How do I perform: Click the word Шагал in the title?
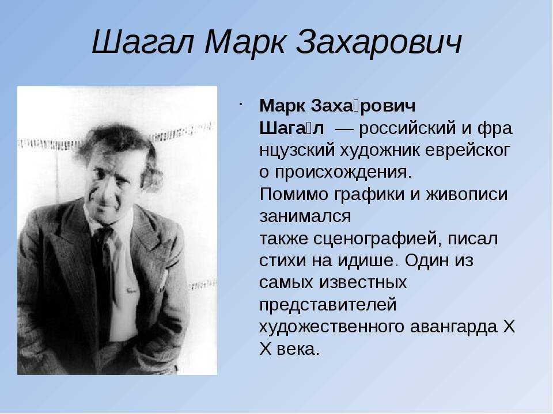click(x=143, y=42)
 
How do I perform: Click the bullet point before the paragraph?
click(x=240, y=104)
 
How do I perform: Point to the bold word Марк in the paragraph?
click(x=283, y=106)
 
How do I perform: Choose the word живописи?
click(x=467, y=194)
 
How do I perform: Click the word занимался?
click(x=305, y=217)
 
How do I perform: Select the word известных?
click(x=363, y=283)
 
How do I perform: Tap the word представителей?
click(x=328, y=305)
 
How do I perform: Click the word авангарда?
click(x=453, y=327)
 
